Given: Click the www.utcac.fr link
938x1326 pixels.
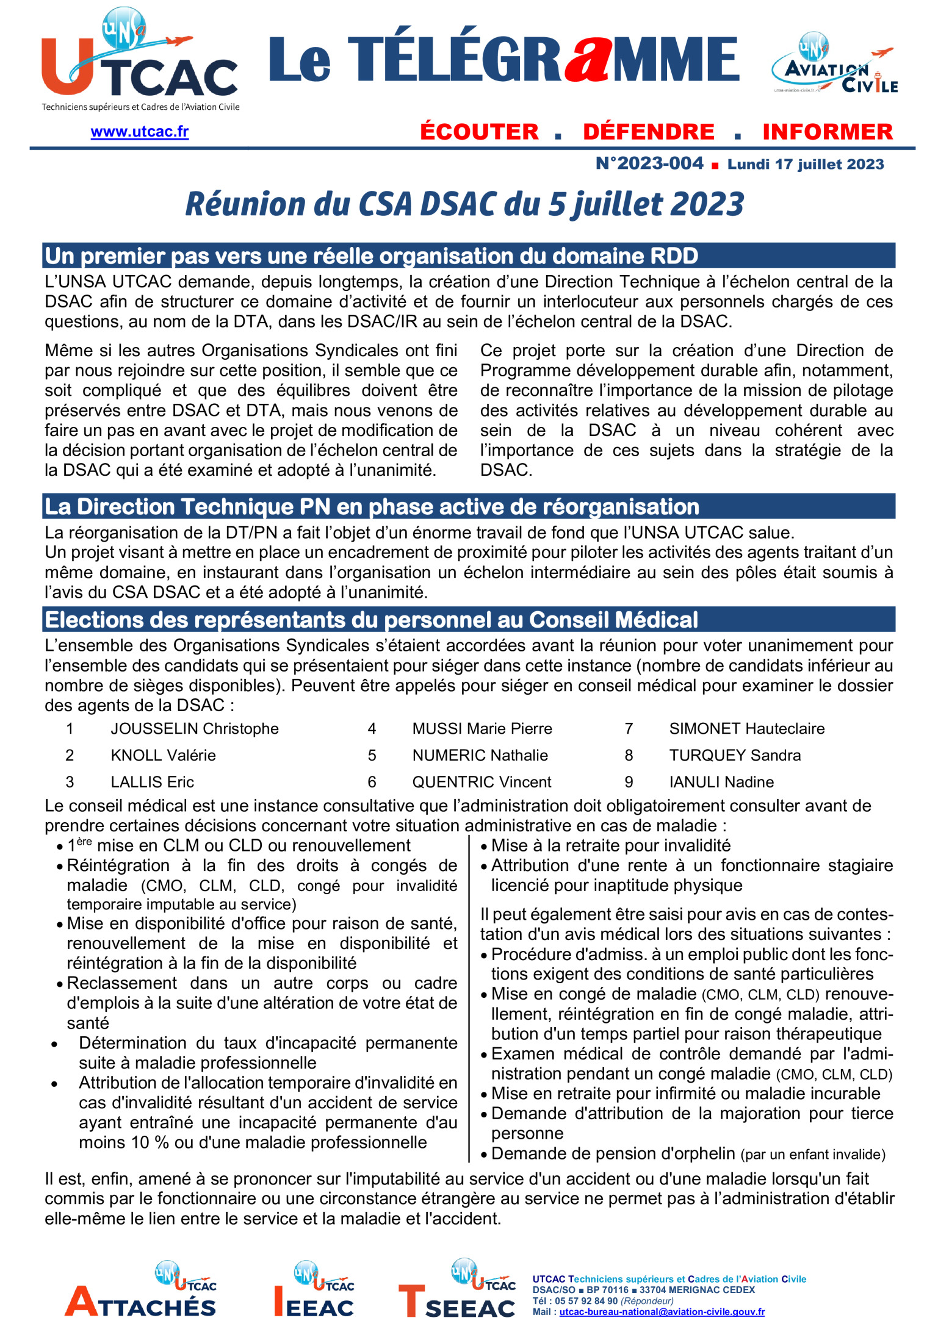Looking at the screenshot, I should coord(139,132).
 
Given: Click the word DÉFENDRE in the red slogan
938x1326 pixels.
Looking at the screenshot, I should coord(648,132).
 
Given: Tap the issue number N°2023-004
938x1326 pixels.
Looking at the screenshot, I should coord(649,163).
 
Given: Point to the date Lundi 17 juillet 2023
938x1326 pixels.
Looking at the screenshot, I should coord(806,164).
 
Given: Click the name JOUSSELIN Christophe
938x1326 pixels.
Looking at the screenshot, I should coord(194,728).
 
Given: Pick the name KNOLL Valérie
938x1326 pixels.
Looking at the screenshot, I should coord(163,755).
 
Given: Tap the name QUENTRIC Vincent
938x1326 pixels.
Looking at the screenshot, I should coord(482,782).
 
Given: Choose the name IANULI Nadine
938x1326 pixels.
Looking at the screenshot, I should coord(721,782).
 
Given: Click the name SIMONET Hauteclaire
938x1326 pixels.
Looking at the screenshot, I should coord(746,728).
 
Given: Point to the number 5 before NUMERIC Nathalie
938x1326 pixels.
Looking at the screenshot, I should coord(372,755).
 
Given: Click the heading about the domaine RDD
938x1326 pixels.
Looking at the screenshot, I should coord(371,256).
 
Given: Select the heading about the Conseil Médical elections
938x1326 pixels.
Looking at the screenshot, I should coord(371,620).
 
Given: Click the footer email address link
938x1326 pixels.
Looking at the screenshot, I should coord(662,1311).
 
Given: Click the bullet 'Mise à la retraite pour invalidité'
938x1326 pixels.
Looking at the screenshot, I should coord(610,845).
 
